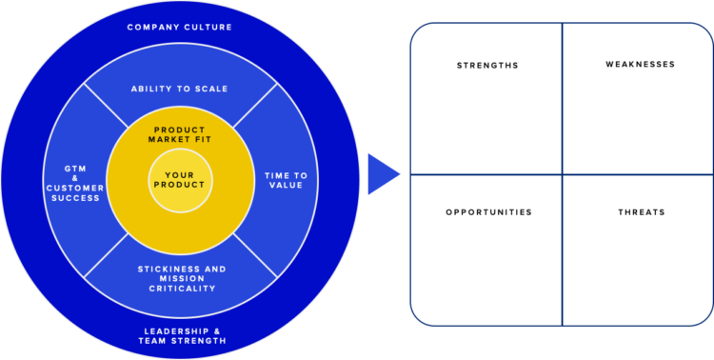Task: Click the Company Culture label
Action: click(x=180, y=27)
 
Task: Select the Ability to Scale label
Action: click(x=180, y=89)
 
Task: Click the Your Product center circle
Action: click(x=180, y=180)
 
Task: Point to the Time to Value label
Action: click(x=286, y=180)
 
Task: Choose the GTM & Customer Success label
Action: click(x=73, y=183)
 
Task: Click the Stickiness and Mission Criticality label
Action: click(x=180, y=278)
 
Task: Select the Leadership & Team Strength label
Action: click(x=181, y=335)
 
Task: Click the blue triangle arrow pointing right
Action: click(x=382, y=173)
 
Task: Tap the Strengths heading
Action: click(x=487, y=66)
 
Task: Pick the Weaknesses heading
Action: click(x=640, y=65)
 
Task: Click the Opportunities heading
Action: click(x=488, y=211)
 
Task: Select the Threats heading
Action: click(x=641, y=211)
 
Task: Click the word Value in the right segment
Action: click(x=286, y=185)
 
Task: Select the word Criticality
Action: click(x=180, y=288)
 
